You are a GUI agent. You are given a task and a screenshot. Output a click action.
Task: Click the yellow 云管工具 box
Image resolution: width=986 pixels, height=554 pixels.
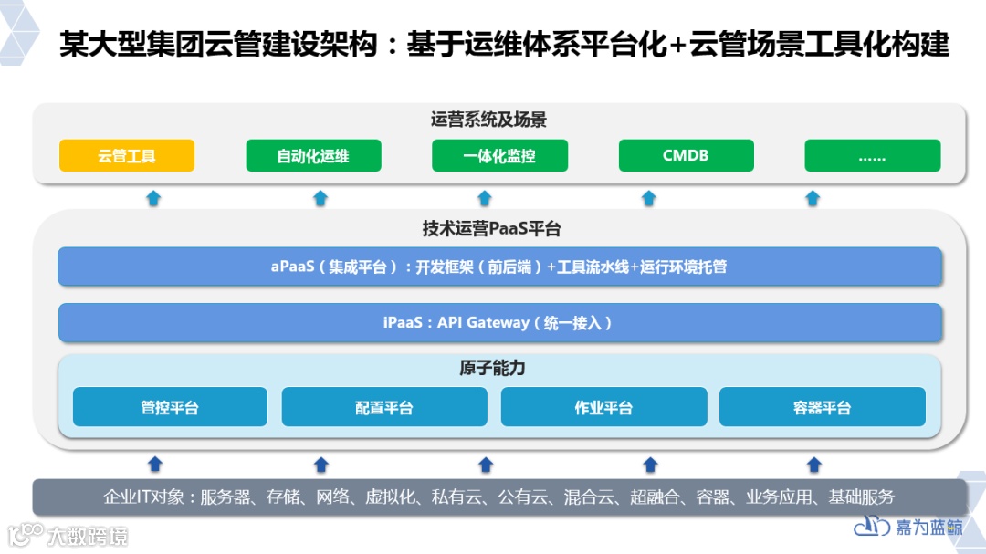coord(127,155)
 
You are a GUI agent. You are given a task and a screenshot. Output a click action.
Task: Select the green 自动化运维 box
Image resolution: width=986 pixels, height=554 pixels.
coord(313,155)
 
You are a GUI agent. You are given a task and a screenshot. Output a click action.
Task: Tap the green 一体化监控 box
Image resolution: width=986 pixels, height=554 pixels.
coord(499,155)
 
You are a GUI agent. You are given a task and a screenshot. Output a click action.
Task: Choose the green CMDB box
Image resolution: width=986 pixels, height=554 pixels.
coord(686,155)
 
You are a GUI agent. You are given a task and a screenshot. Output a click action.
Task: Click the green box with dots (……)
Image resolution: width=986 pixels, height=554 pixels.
coord(872,155)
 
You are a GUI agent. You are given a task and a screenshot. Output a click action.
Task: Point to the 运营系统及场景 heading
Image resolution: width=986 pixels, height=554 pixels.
coord(488,120)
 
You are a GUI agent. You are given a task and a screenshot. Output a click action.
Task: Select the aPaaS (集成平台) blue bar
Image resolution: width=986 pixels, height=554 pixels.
coord(499,267)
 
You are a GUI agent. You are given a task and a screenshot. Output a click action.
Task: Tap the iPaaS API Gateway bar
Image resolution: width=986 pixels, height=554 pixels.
coord(499,322)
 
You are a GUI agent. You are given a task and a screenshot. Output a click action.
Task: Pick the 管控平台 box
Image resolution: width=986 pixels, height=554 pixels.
coord(170,407)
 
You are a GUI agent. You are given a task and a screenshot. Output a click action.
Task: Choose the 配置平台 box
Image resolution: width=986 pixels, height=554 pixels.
coord(384,407)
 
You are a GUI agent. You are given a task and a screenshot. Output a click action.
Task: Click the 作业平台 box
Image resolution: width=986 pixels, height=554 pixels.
coord(603,407)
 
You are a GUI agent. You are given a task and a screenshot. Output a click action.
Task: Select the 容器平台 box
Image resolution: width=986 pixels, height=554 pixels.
coord(822,407)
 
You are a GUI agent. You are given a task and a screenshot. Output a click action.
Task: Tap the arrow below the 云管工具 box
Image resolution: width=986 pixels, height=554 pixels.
coord(154,198)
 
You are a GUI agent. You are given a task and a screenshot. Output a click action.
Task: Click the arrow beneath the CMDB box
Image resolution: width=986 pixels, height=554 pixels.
coord(648,198)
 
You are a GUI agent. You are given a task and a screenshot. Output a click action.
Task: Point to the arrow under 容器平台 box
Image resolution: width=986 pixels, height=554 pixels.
coord(814,465)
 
